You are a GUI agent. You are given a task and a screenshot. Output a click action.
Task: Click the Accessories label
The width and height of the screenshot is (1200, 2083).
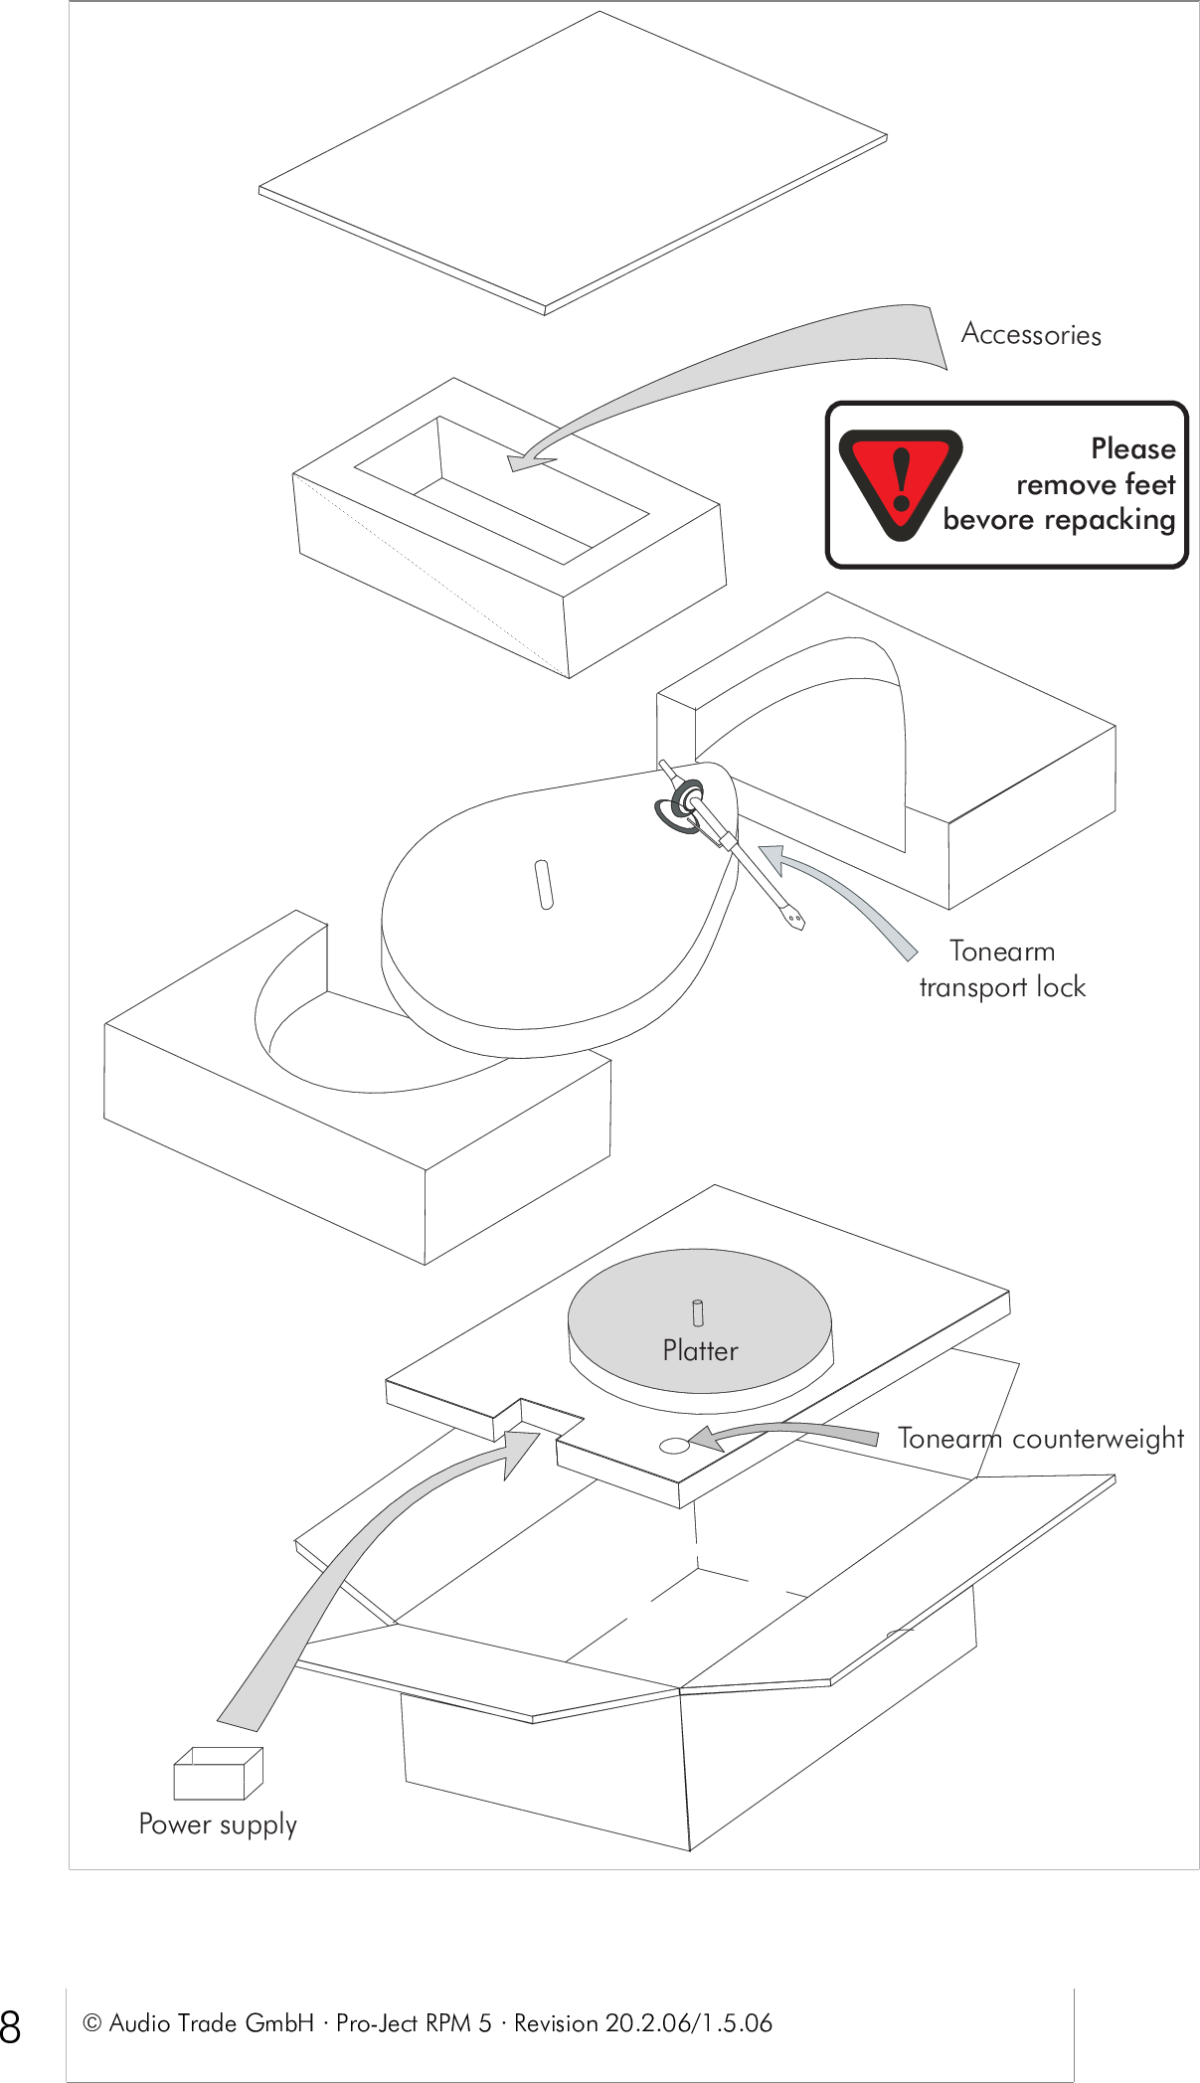tap(1031, 335)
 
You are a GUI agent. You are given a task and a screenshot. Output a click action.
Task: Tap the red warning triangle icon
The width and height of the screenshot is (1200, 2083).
tap(900, 482)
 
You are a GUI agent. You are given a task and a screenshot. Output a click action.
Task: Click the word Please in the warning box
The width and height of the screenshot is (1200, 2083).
tap(1132, 448)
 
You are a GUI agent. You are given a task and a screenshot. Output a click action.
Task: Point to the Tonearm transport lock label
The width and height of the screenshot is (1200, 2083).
tap(1002, 968)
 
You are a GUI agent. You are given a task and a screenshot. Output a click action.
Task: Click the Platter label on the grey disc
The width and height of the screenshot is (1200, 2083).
tap(700, 1350)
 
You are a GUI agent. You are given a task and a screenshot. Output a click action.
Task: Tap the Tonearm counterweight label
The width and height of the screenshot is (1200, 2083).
tap(1040, 1439)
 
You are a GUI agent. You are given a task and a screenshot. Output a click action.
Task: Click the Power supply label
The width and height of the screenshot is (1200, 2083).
tap(218, 1823)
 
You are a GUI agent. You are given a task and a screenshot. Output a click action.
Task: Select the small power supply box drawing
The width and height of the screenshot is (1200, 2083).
tap(217, 1774)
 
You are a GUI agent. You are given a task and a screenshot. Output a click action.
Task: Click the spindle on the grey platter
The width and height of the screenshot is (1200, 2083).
tap(698, 1312)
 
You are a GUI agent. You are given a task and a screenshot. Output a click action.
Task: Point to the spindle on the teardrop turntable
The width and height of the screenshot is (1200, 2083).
tap(544, 884)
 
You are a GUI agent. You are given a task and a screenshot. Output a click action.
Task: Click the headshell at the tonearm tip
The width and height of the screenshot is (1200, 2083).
tap(793, 917)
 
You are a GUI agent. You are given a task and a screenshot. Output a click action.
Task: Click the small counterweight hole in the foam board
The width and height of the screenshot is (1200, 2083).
tap(674, 1446)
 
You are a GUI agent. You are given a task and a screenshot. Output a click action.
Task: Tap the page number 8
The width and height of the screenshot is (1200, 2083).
tap(11, 2025)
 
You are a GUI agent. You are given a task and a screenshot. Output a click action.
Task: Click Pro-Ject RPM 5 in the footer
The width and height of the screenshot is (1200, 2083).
tap(414, 2023)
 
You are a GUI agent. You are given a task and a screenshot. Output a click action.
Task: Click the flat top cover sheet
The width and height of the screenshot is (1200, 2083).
tap(572, 164)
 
